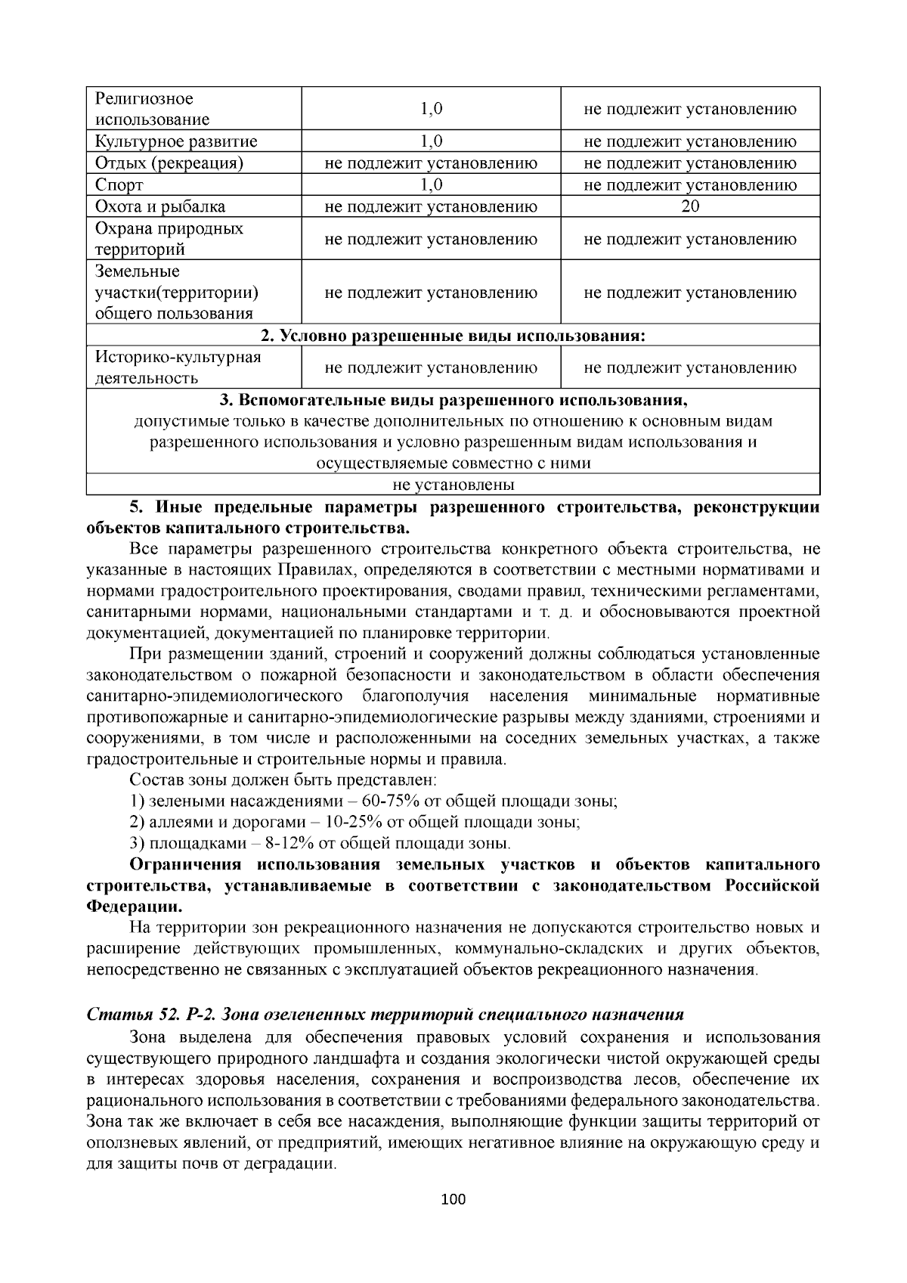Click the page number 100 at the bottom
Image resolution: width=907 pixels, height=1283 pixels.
pos(453,1199)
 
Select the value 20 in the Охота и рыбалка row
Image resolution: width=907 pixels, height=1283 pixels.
pos(689,206)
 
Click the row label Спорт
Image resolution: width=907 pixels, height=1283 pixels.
pos(119,185)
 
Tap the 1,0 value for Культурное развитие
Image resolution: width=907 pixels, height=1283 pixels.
pos(431,141)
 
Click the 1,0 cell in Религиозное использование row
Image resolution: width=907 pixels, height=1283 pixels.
pos(431,109)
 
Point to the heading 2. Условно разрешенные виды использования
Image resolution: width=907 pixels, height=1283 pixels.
pos(453,336)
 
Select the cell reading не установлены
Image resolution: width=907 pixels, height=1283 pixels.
pos(453,485)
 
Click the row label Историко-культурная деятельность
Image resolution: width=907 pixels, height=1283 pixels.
pos(178,367)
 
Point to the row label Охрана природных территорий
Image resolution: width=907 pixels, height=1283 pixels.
pos(169,239)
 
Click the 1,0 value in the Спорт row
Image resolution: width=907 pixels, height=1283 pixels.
pos(431,185)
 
